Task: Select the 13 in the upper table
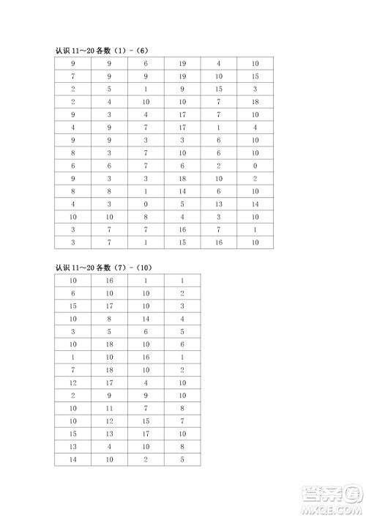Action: tap(219, 204)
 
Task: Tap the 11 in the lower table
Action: tap(109, 407)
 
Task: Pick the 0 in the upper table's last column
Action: tap(255, 166)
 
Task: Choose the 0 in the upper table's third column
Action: tap(146, 204)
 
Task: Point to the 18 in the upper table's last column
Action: tap(255, 102)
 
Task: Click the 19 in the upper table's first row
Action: tap(182, 64)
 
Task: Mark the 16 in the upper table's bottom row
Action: tap(219, 242)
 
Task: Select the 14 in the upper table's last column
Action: tap(255, 204)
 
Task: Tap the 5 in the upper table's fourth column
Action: tap(182, 204)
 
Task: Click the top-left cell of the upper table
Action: tap(73, 64)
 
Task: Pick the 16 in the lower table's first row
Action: tap(109, 280)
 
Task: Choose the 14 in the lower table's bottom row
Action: tap(73, 459)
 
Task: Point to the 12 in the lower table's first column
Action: tap(73, 382)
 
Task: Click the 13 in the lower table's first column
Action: tap(73, 445)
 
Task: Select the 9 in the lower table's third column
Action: tap(146, 395)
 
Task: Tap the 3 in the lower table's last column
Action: tap(182, 306)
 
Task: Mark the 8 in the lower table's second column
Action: tap(109, 319)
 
